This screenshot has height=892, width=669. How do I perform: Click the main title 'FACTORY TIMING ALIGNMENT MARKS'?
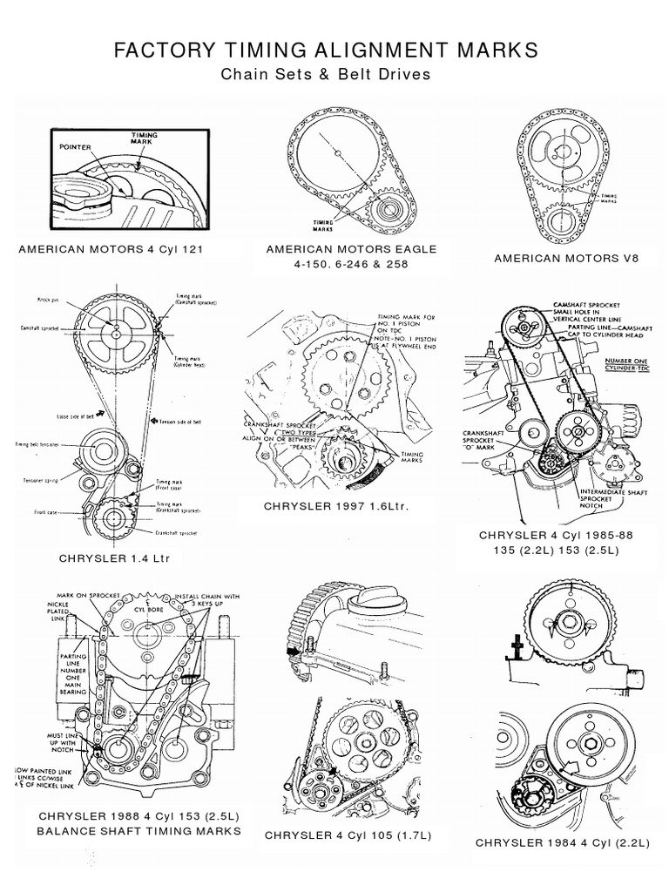coord(326,51)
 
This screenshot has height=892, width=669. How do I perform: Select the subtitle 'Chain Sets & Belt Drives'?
coord(326,74)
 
